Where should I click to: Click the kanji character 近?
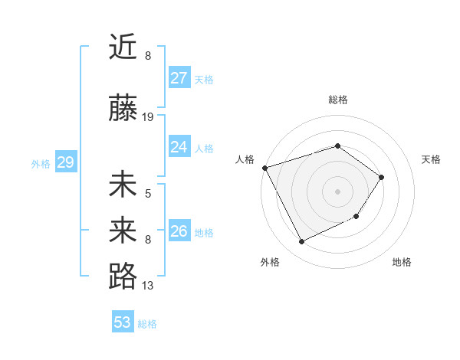pyautogui.click(x=123, y=47)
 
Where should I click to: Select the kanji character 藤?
pyautogui.click(x=123, y=108)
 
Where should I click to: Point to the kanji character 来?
pyautogui.click(x=123, y=230)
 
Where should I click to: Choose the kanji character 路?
pyautogui.click(x=123, y=277)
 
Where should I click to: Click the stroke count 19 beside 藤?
pyautogui.click(x=148, y=117)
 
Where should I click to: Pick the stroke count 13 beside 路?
pyautogui.click(x=148, y=286)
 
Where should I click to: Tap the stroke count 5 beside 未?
pyautogui.click(x=148, y=194)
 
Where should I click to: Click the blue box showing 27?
pyautogui.click(x=179, y=78)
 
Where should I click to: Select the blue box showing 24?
pyautogui.click(x=179, y=147)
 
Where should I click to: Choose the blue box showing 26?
pyautogui.click(x=179, y=231)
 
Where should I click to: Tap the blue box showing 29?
pyautogui.click(x=65, y=162)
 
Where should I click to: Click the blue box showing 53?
pyautogui.click(x=123, y=322)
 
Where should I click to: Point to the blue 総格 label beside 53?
pyautogui.click(x=147, y=324)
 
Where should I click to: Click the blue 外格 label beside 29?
pyautogui.click(x=41, y=164)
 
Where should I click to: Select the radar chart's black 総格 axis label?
pyautogui.click(x=337, y=100)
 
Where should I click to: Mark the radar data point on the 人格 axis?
pyautogui.click(x=264, y=168)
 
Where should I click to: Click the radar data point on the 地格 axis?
pyautogui.click(x=356, y=218)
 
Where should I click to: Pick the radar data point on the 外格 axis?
pyautogui.click(x=301, y=242)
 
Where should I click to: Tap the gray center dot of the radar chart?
pyautogui.click(x=337, y=191)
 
